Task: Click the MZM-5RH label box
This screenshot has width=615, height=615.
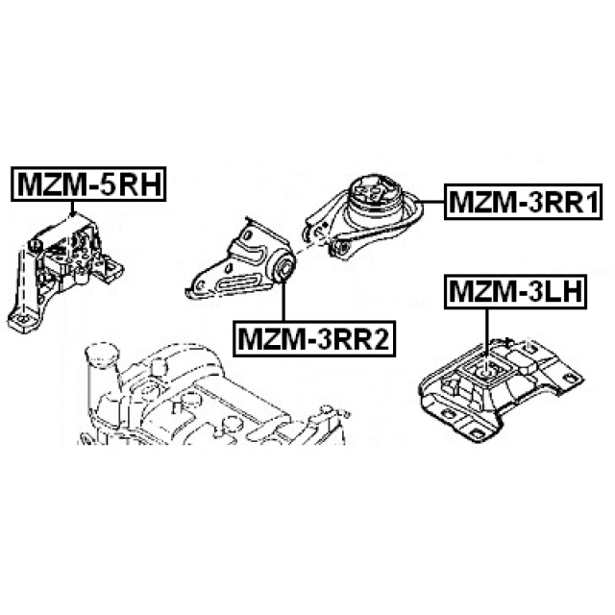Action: tap(88, 184)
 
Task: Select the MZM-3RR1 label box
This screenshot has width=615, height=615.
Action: tap(523, 202)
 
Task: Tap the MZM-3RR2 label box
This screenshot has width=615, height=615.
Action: tap(314, 338)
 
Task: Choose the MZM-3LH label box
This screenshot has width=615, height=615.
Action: tap(515, 292)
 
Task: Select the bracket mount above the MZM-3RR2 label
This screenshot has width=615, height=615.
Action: tap(240, 263)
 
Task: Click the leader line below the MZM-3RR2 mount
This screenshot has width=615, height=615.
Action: tap(283, 301)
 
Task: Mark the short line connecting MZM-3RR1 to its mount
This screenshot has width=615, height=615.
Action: tap(433, 201)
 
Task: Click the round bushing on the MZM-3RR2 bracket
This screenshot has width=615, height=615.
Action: tap(283, 267)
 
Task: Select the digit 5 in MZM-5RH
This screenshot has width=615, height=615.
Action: tap(105, 184)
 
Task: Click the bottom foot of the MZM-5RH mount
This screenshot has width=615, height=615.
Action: tap(24, 321)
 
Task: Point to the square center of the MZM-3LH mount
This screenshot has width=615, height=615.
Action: tap(486, 371)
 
